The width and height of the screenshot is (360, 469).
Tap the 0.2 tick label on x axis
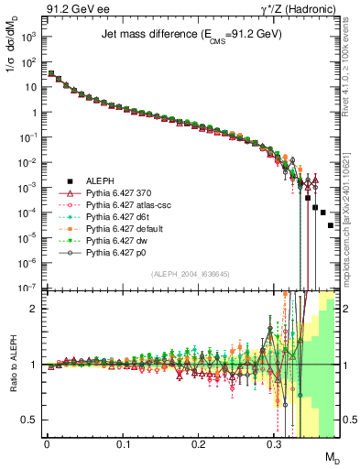click(198, 444)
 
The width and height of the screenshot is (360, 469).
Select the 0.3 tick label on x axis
click(274, 444)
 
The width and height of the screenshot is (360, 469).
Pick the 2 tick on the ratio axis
click(32, 309)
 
